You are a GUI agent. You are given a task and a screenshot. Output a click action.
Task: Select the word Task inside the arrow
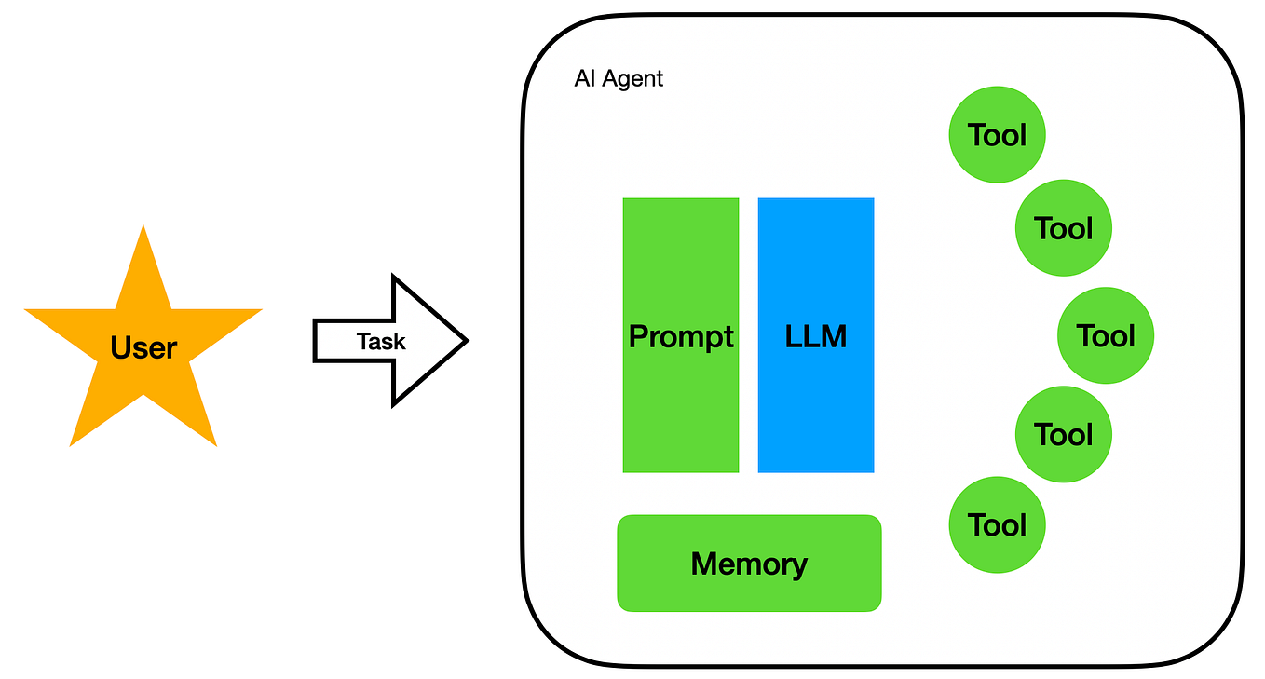click(x=381, y=342)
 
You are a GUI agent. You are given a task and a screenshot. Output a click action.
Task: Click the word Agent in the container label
click(x=632, y=78)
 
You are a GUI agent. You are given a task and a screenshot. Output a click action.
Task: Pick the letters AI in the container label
click(x=584, y=78)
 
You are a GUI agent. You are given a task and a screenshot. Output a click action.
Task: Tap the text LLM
click(x=816, y=336)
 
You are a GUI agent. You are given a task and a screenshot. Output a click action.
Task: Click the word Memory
click(x=749, y=564)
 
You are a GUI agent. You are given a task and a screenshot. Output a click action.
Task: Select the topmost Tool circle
click(x=997, y=135)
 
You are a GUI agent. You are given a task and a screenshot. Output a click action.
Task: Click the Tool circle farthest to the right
click(x=1106, y=335)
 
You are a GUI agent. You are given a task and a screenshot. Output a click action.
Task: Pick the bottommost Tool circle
click(x=997, y=525)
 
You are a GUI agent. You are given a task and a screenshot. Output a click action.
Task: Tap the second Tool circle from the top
click(x=1063, y=228)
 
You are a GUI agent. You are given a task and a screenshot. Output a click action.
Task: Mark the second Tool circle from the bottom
click(x=1063, y=434)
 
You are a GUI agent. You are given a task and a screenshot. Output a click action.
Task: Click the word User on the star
click(x=143, y=348)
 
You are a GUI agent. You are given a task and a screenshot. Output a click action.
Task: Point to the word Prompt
click(x=681, y=336)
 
